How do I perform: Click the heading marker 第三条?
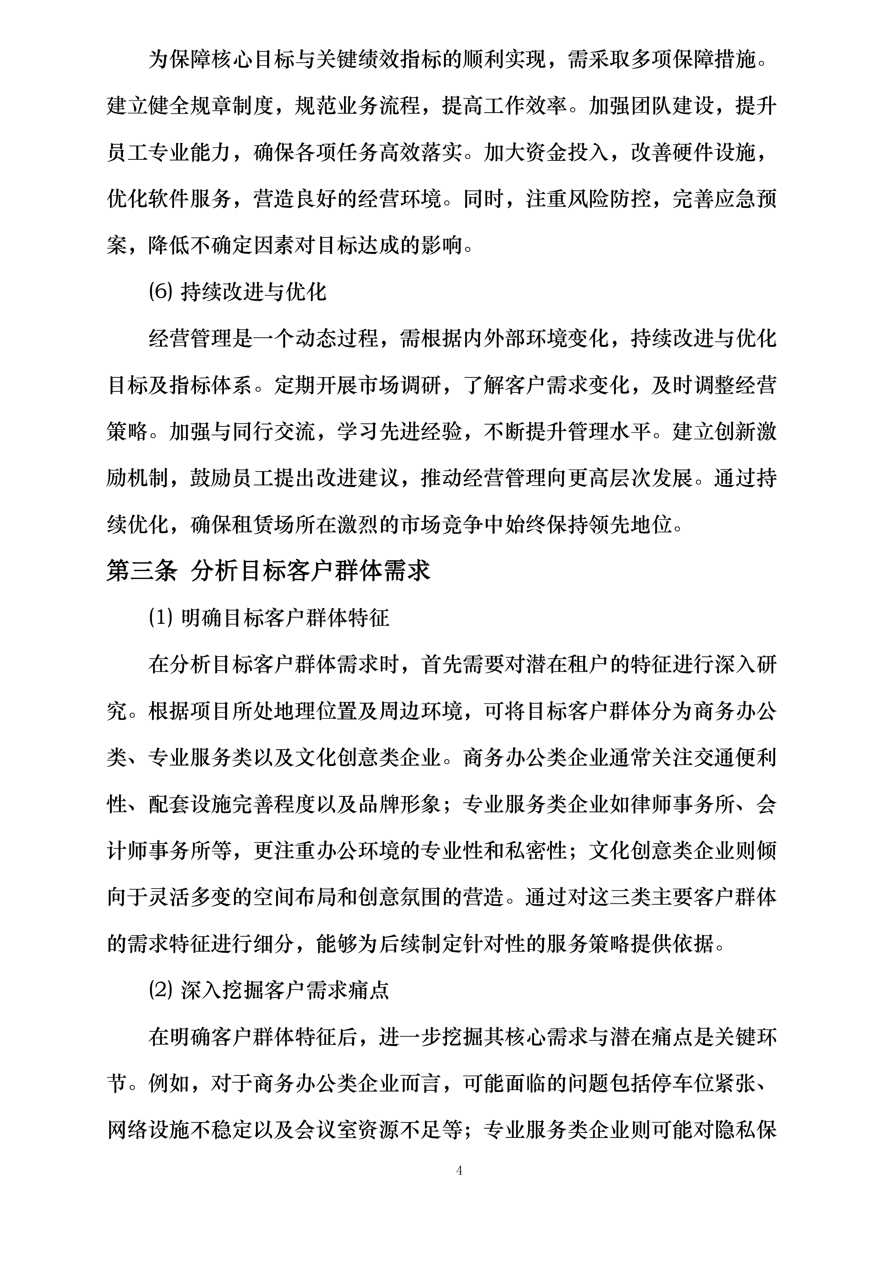click(142, 571)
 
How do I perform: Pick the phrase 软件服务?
click(190, 199)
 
